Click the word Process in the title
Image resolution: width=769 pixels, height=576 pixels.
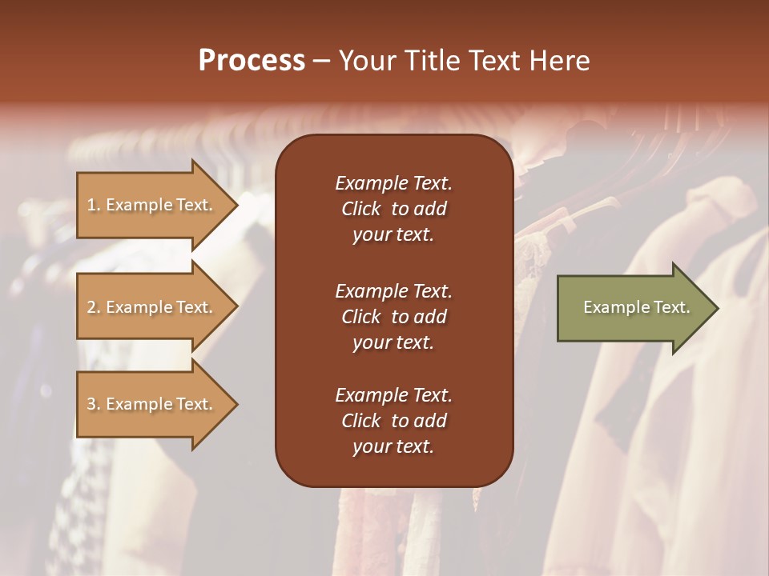(x=252, y=61)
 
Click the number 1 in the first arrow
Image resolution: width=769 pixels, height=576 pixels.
(x=91, y=205)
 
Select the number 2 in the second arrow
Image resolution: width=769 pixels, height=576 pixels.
(x=91, y=307)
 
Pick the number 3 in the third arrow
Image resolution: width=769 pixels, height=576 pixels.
(x=91, y=404)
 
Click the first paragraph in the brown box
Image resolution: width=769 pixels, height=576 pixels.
(x=393, y=209)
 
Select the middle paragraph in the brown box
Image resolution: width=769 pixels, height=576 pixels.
(x=393, y=317)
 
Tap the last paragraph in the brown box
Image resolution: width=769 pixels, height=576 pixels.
(x=393, y=421)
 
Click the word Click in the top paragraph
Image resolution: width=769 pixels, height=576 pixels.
(x=360, y=209)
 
